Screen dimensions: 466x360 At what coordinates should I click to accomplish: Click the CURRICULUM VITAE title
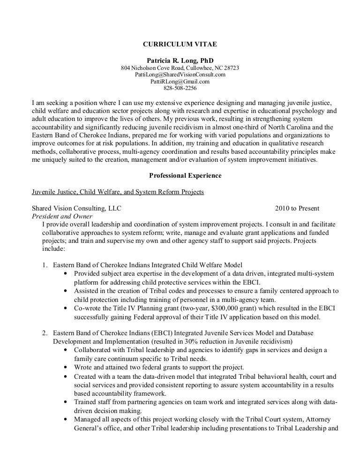tap(180, 45)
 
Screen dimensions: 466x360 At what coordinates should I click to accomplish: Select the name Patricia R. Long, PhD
tap(180, 60)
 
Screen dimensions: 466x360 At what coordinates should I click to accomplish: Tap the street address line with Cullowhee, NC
tap(180, 68)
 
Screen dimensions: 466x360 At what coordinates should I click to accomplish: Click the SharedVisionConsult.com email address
tap(180, 75)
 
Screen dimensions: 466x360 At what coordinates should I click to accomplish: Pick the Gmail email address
tap(180, 81)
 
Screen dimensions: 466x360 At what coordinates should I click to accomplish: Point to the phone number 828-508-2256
tap(180, 88)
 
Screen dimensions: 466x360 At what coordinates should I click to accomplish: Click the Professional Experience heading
tap(180, 176)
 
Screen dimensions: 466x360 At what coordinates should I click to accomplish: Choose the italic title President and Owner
tap(61, 216)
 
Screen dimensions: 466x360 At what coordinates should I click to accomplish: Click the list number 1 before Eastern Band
tap(45, 265)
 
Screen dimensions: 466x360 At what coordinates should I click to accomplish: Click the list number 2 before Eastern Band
tap(45, 332)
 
